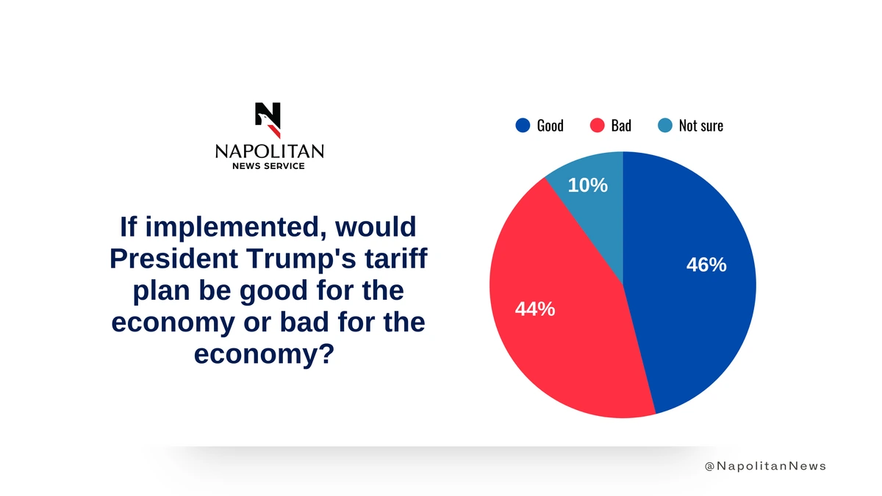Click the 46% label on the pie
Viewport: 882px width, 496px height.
pos(706,265)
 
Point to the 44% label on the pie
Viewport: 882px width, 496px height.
pos(535,309)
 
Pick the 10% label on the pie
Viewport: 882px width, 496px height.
pos(588,185)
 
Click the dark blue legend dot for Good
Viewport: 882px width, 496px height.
pos(523,126)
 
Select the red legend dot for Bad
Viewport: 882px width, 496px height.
pos(598,126)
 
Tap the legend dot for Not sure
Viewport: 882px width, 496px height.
pos(665,126)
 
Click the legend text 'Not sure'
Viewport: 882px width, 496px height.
pos(701,126)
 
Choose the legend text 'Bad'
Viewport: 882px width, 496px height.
pos(621,126)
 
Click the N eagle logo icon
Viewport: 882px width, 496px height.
pos(268,120)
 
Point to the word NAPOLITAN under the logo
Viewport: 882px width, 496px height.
pos(269,151)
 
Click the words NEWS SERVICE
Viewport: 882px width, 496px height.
pos(268,166)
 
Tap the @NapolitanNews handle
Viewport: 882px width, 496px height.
pos(765,466)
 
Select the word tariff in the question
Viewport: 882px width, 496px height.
pos(395,258)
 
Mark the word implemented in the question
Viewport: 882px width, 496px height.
pos(236,228)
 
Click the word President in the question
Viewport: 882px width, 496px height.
pos(173,258)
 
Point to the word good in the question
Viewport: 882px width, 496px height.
pos(273,291)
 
